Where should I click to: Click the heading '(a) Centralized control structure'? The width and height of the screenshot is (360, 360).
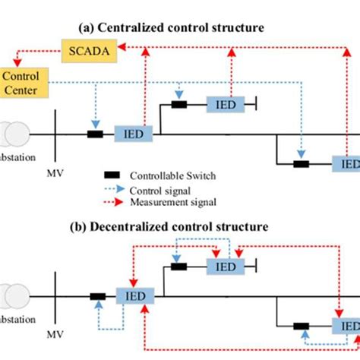[171, 27]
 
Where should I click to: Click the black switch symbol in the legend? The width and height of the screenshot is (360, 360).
[113, 174]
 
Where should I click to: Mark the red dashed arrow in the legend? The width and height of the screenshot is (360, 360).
[113, 201]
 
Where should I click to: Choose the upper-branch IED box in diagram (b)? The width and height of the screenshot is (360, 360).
[226, 267]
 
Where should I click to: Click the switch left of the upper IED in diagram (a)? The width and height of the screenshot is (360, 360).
[179, 104]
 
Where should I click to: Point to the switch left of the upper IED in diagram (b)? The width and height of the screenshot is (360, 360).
[179, 267]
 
